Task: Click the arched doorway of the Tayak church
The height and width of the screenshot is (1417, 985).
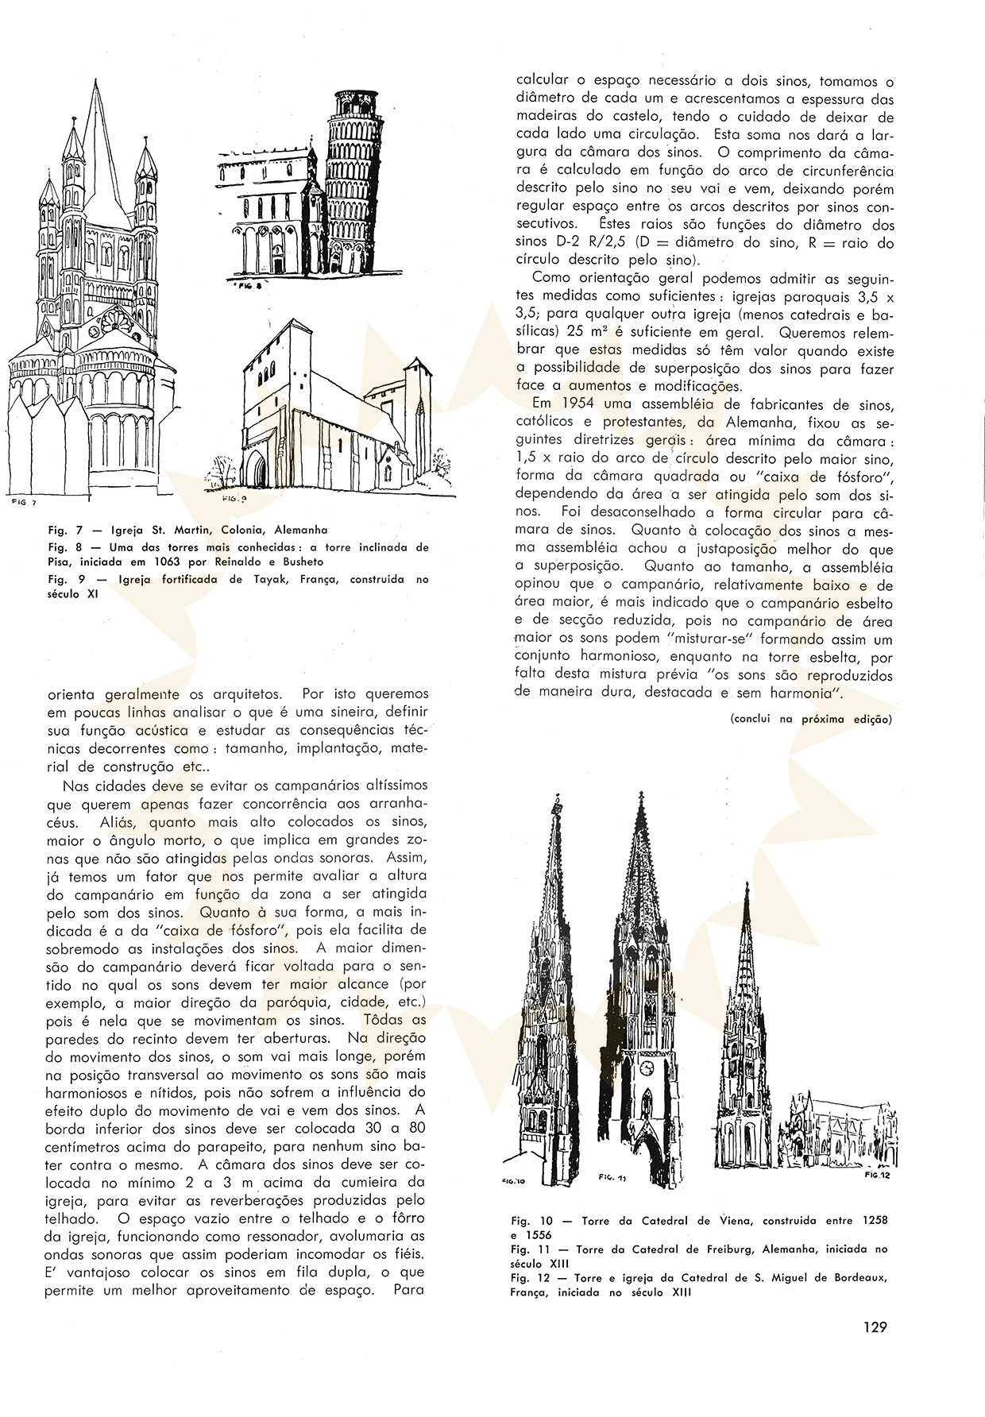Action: [259, 474]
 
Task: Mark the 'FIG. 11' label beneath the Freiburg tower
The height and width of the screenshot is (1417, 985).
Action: [612, 1179]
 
